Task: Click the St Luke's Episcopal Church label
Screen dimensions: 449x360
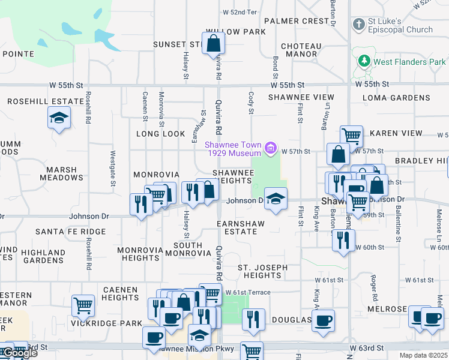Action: point(401,25)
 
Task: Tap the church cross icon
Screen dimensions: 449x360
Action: point(358,25)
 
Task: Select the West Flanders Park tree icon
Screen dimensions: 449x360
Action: point(363,61)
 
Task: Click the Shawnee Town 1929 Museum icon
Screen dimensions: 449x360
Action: point(271,148)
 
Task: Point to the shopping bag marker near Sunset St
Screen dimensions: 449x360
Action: point(214,43)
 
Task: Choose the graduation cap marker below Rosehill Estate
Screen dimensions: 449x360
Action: point(59,118)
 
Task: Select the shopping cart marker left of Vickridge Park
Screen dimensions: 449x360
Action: point(83,305)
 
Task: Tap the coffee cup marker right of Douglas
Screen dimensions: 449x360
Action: point(324,320)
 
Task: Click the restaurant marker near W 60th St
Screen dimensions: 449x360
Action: point(343,240)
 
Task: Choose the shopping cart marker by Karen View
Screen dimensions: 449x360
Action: point(351,136)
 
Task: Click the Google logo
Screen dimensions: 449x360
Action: point(19,353)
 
